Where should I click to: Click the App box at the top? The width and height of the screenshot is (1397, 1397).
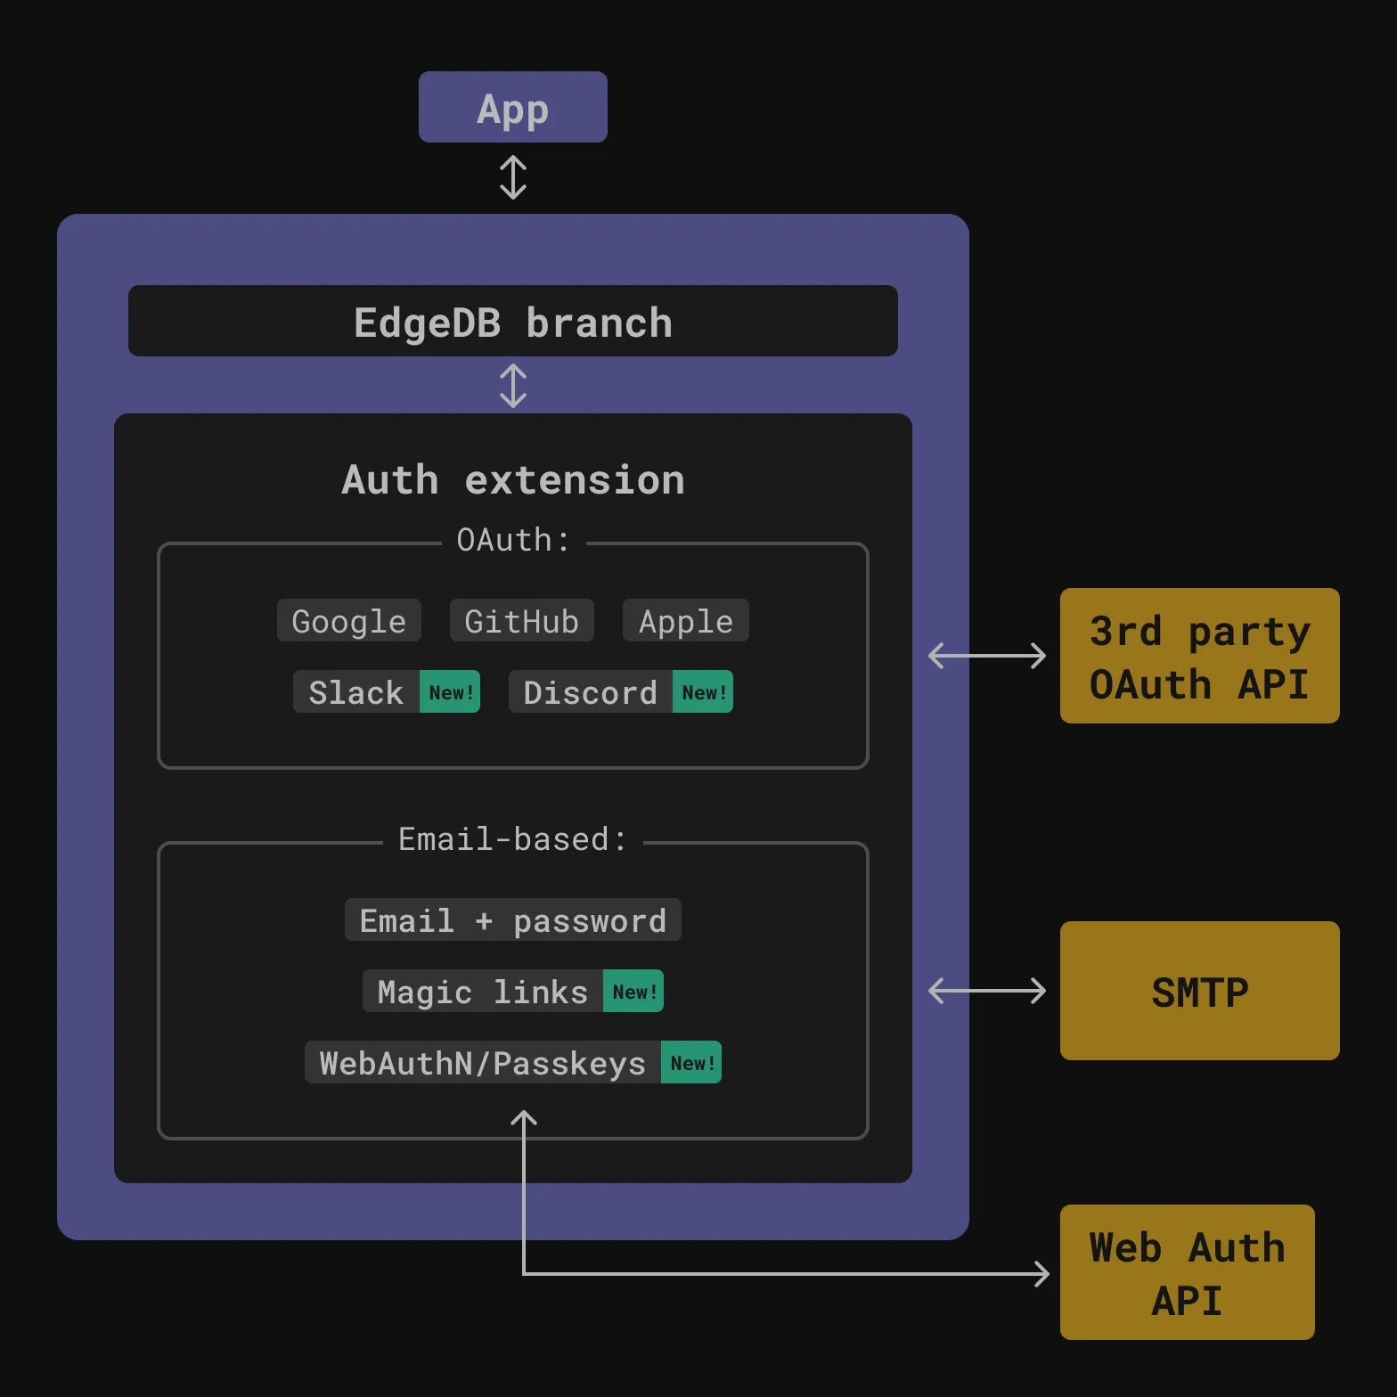point(513,107)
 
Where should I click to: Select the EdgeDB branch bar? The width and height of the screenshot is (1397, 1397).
point(513,321)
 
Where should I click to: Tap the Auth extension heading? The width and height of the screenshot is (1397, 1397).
point(513,480)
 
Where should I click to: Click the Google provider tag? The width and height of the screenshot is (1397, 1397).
point(349,620)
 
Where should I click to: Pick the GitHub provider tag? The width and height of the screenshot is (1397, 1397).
point(522,620)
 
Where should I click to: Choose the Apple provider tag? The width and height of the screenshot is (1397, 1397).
point(686,620)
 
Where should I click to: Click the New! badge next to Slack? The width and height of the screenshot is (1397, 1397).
point(450,691)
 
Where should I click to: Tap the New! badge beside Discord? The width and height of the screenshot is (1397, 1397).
point(703,691)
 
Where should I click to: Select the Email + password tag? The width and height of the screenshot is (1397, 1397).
point(513,919)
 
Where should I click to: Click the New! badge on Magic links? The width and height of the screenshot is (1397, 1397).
point(633,991)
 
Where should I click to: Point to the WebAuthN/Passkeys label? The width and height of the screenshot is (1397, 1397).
point(483,1062)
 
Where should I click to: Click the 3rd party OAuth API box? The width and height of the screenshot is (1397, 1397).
point(1200,656)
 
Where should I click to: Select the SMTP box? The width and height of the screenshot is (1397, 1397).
point(1200,991)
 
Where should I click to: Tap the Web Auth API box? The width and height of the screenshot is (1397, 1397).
point(1188,1272)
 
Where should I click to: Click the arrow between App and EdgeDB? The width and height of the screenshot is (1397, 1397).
point(513,177)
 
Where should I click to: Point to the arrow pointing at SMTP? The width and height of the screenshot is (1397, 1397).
point(987,991)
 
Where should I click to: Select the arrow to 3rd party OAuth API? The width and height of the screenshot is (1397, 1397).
point(987,656)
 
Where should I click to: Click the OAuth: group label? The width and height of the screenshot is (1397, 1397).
point(513,540)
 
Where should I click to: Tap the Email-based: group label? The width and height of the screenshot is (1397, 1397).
point(513,839)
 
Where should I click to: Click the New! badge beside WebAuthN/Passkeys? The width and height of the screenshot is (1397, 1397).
point(691,1062)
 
